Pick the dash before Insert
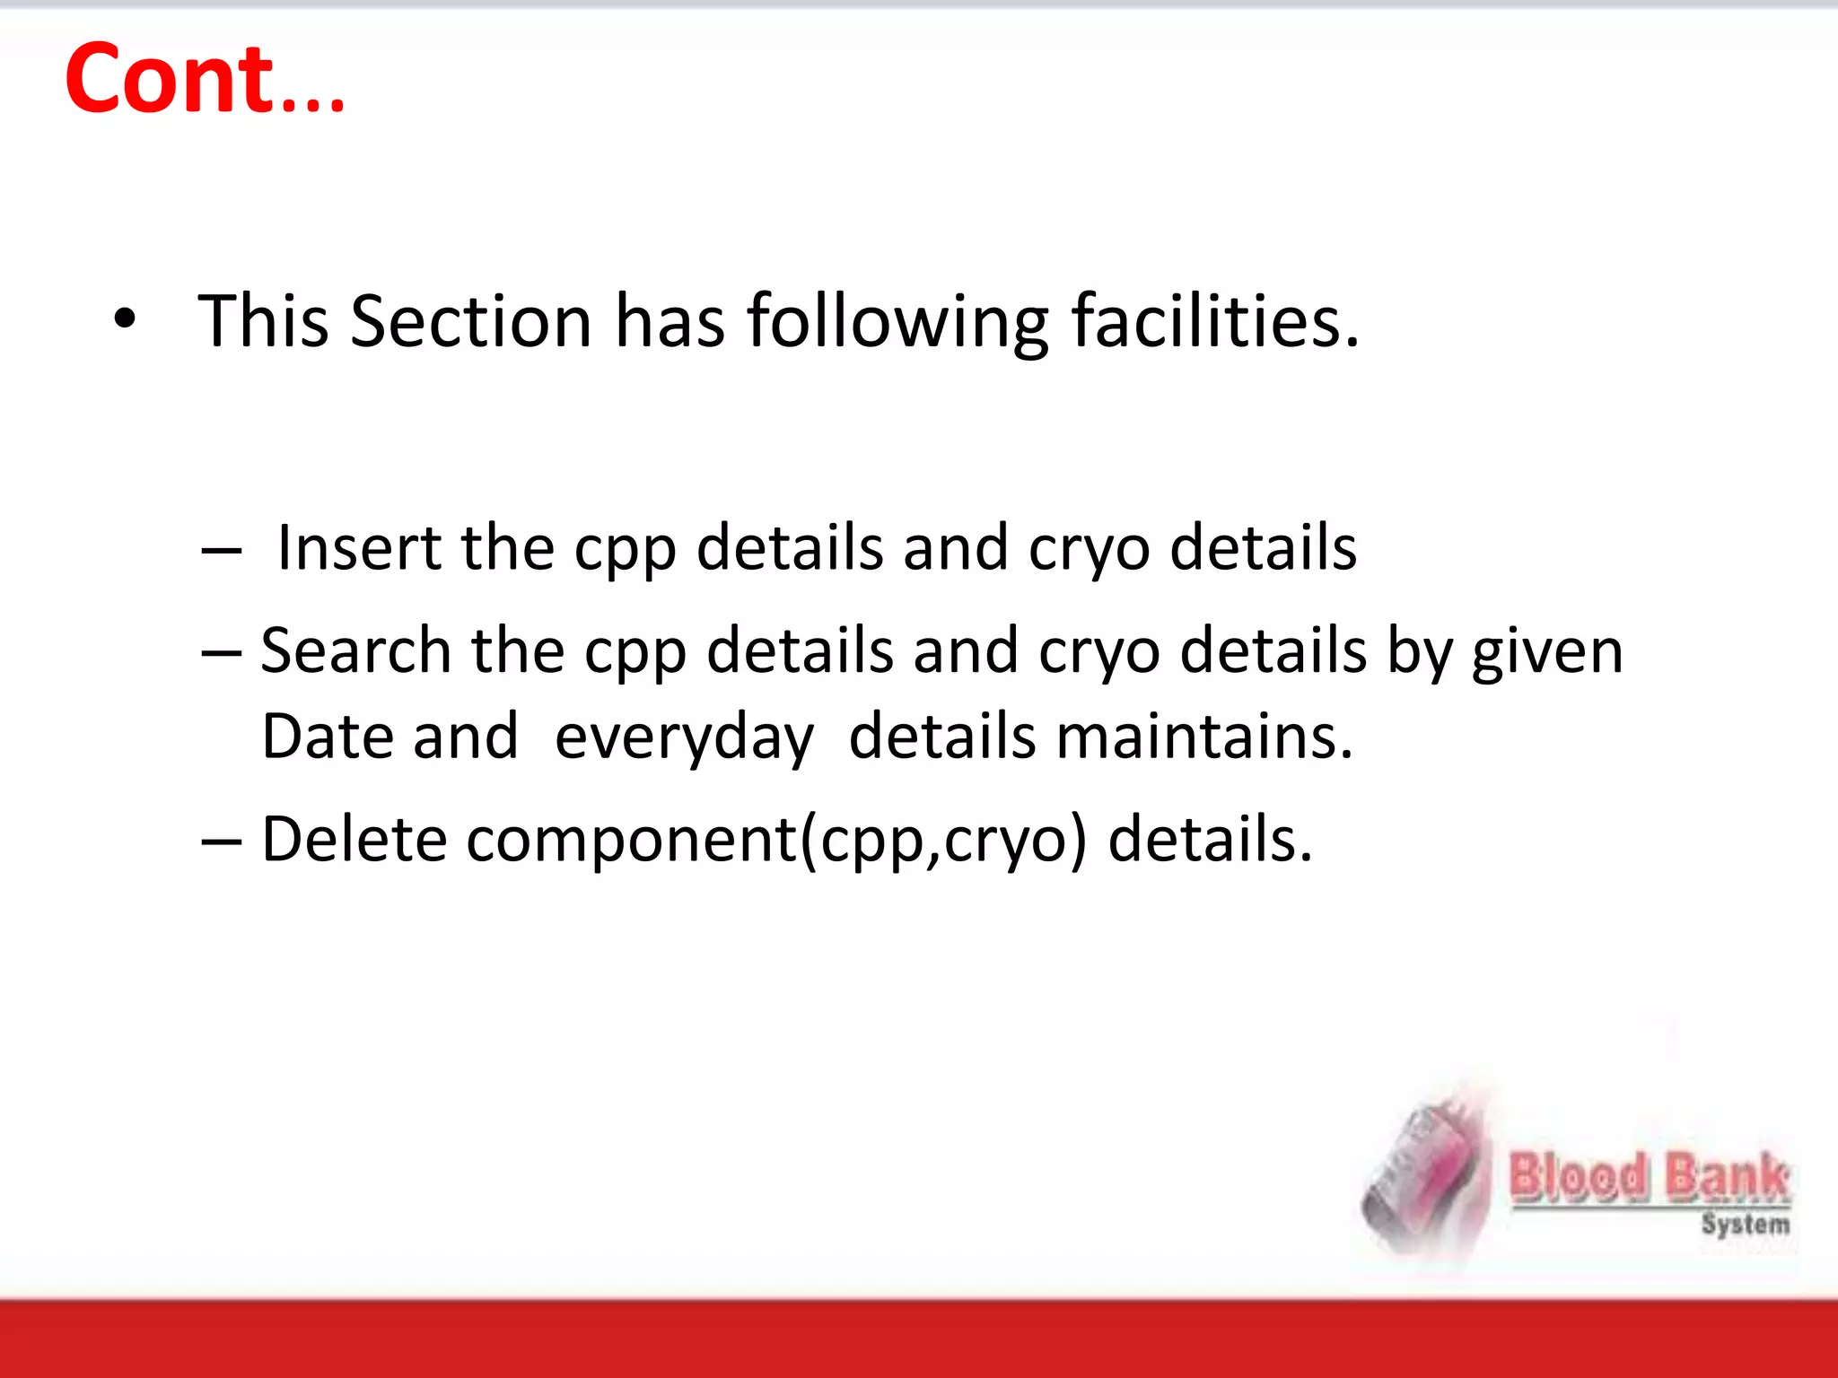[222, 549]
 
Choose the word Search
[355, 650]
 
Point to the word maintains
[1203, 737]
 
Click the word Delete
[354, 840]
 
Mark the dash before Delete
[222, 842]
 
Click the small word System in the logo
[1745, 1224]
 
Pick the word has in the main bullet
[669, 321]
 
